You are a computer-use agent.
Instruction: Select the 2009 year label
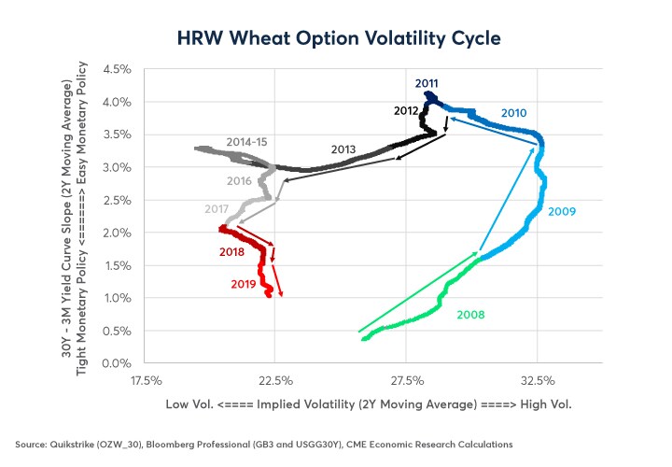[562, 211]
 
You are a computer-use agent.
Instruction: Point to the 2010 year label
[514, 113]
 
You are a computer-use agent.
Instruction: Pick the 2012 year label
[405, 110]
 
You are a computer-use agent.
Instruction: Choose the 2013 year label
[343, 149]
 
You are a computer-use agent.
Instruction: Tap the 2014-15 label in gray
[247, 142]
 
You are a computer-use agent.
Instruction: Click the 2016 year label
[239, 180]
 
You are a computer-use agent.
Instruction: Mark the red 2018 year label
[232, 252]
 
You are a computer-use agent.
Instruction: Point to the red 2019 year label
[244, 283]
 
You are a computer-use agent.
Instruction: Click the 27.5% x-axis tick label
[408, 381]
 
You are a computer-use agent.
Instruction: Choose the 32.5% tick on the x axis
[539, 381]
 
